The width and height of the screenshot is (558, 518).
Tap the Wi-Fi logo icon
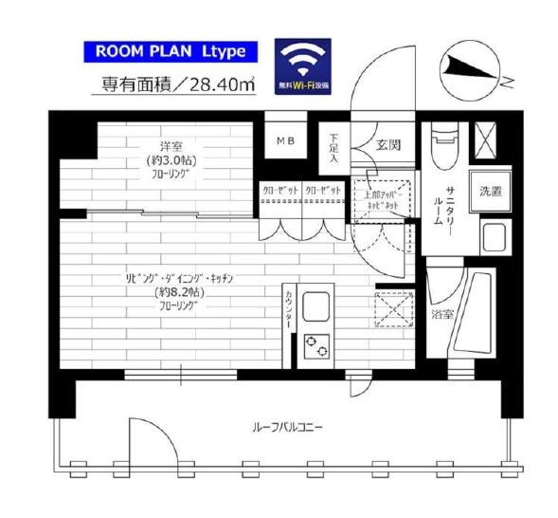(303, 65)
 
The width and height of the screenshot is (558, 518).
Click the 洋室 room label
(170, 147)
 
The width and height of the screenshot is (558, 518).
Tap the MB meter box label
(285, 142)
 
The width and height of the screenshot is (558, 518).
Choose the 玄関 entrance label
(387, 145)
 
